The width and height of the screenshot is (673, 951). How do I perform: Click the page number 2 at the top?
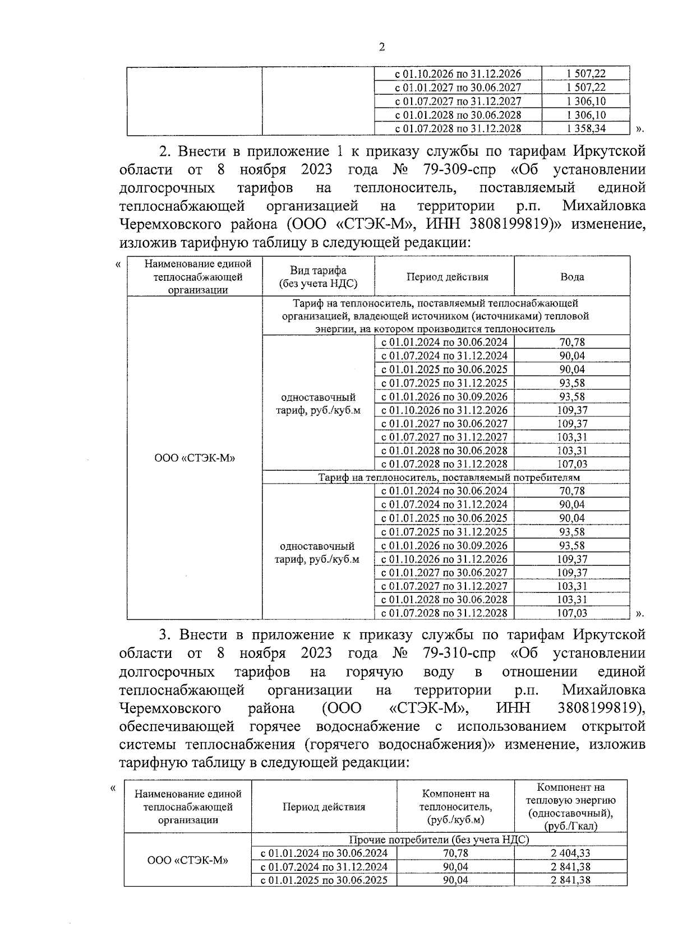[382, 47]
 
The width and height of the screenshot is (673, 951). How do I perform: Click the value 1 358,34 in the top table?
[586, 128]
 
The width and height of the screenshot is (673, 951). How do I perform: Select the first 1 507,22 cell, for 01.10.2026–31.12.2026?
[586, 74]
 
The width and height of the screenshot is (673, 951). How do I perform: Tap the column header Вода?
[572, 277]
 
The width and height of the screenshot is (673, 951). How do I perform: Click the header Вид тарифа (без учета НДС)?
[318, 277]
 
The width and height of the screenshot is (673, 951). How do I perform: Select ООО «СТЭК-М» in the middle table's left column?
[195, 458]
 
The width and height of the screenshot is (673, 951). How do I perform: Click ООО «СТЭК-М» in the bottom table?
[188, 860]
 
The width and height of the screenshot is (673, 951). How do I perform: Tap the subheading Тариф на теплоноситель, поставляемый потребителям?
[449, 477]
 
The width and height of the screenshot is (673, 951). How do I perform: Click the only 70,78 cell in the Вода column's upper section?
[572, 342]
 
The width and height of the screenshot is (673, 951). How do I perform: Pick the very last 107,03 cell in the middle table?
[572, 613]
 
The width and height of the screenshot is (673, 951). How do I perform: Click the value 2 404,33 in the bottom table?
[570, 853]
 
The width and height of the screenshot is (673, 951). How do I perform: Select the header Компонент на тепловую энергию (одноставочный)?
[570, 806]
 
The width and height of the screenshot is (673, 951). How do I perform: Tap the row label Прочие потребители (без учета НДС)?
[439, 840]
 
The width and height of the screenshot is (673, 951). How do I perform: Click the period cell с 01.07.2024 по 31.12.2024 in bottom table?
[324, 867]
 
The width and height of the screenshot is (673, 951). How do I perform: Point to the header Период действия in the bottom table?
[324, 807]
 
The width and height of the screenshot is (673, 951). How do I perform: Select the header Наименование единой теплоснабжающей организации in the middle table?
[195, 276]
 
